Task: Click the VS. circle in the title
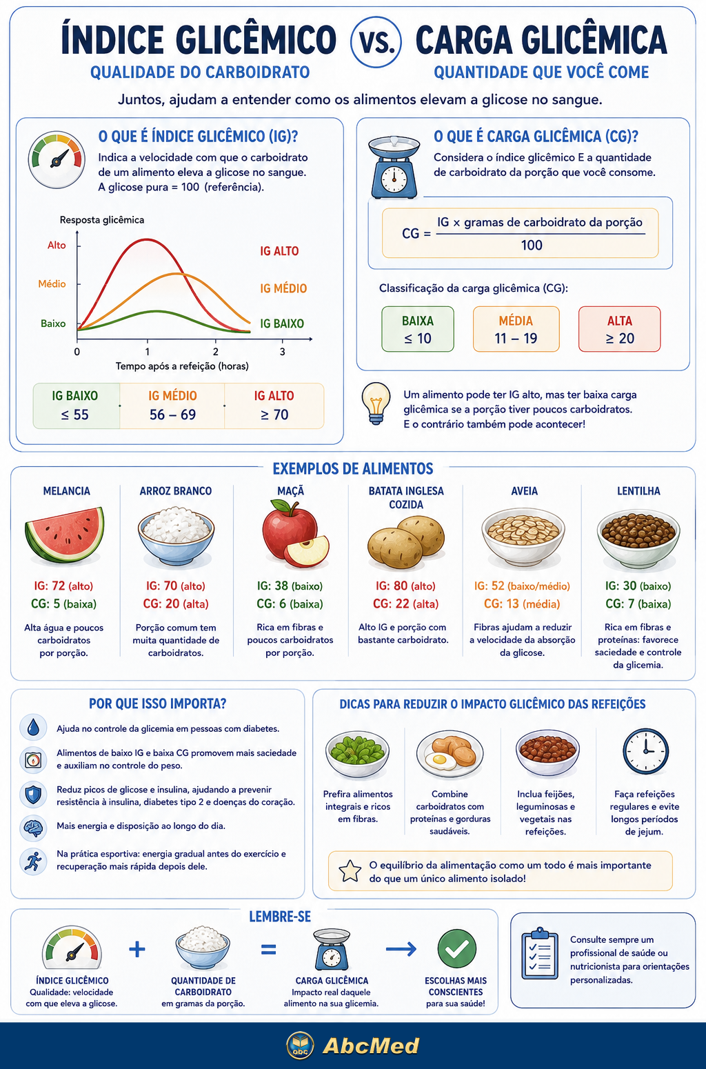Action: (376, 42)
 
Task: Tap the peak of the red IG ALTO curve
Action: (147, 239)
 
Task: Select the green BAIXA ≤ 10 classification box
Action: (418, 329)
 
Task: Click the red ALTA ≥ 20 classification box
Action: (619, 329)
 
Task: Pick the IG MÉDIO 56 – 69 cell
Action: (172, 406)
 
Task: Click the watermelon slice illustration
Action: (64, 535)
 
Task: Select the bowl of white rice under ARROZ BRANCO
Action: (176, 536)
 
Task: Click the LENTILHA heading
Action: (638, 491)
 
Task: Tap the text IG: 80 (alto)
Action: (405, 586)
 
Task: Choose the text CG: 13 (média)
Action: (522, 603)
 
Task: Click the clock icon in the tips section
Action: (645, 751)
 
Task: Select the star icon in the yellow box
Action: (350, 871)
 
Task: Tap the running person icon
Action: (33, 862)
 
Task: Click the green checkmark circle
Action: (456, 949)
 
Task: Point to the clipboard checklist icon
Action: (540, 954)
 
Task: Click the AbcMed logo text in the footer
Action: (371, 1046)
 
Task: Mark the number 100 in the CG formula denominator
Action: (532, 246)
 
